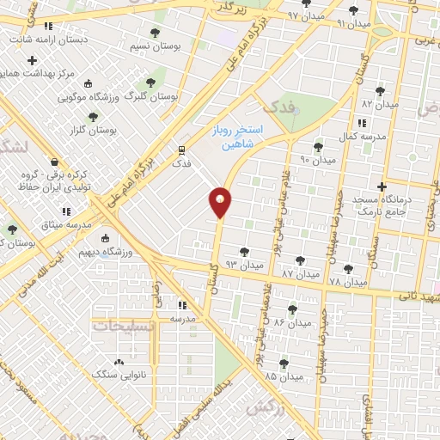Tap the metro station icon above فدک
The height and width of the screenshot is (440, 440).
tap(180, 148)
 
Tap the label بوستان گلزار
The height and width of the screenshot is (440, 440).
tap(89, 130)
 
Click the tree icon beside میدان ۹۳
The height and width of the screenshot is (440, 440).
tap(246, 252)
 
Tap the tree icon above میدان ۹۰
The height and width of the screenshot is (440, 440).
tap(318, 147)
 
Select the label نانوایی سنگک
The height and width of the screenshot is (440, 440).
tap(115, 374)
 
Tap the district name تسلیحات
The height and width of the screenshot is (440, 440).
tap(119, 327)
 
